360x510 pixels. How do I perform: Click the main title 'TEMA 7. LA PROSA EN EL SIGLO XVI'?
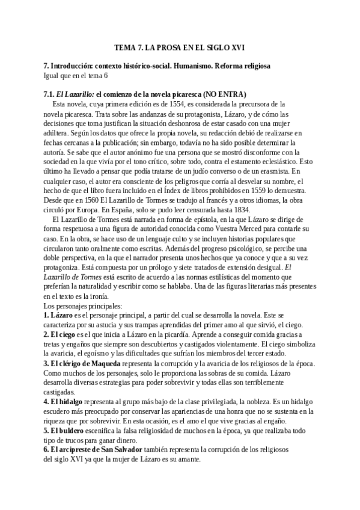[180, 47]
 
